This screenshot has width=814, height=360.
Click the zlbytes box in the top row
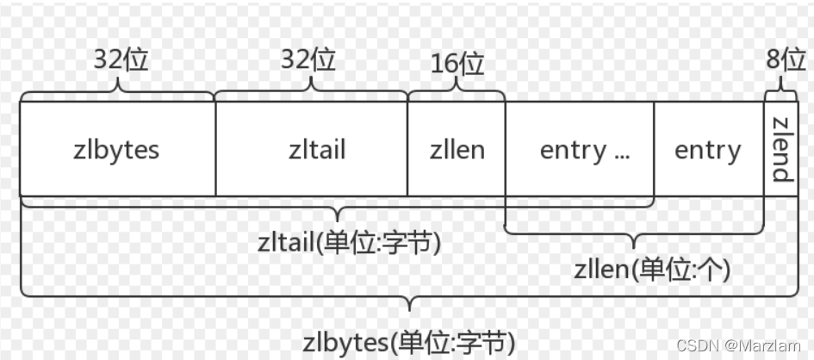[117, 149]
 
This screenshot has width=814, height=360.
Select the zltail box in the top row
[311, 149]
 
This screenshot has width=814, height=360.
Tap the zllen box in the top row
[457, 149]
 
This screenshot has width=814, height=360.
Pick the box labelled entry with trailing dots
[580, 149]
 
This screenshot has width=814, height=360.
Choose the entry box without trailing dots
[708, 149]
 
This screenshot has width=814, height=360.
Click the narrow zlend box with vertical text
[780, 149]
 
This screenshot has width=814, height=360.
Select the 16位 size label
[457, 65]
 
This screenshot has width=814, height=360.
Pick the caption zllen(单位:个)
[652, 270]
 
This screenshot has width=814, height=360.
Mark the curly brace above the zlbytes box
[117, 90]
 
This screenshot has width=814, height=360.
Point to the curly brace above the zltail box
[311, 90]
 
